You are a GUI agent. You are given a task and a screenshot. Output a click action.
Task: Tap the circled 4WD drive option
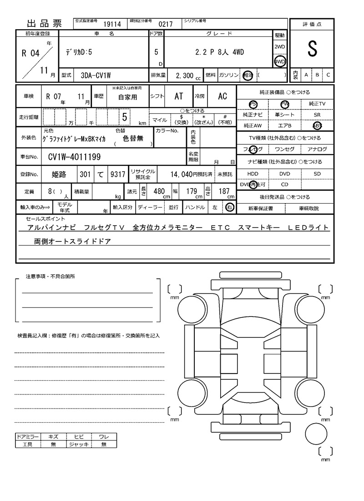[280, 61]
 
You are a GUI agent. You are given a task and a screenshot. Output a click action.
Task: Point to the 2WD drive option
[280, 47]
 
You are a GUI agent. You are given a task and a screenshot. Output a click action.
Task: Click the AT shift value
[179, 97]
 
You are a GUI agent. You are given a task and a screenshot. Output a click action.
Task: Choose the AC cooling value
[222, 97]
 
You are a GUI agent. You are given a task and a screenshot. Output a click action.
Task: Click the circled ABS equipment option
[317, 125]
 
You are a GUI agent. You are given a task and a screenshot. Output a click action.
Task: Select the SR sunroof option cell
[317, 115]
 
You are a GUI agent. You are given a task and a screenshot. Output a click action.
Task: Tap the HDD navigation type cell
[253, 174]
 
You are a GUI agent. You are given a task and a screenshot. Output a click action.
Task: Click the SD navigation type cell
[317, 174]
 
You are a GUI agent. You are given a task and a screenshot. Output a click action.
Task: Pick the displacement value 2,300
[184, 76]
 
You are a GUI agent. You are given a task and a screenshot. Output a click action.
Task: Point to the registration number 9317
[118, 174]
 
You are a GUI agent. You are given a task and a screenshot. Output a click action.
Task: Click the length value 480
[159, 191]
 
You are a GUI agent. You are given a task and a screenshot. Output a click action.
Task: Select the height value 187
[224, 191]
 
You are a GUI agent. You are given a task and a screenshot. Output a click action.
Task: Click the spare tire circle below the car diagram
[317, 435]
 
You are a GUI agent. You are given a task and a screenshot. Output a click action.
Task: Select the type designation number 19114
[112, 24]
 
